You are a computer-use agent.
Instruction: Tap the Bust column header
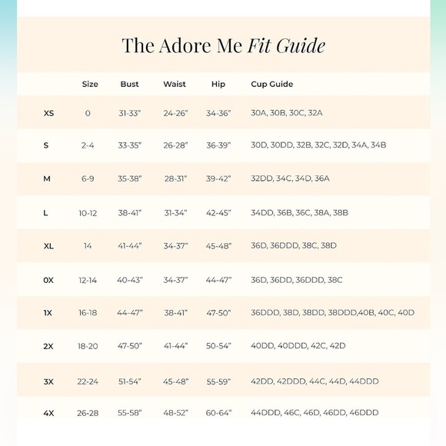[x=130, y=84]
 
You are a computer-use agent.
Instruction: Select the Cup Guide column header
[x=271, y=84]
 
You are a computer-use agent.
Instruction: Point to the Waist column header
[x=175, y=84]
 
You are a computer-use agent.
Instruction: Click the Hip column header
[x=218, y=84]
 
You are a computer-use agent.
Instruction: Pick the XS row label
[x=48, y=113]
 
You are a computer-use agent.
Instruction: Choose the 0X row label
[x=48, y=280]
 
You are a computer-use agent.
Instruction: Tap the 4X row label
[x=48, y=413]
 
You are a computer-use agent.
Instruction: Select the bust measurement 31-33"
[x=130, y=113]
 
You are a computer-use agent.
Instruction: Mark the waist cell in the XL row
[x=175, y=245]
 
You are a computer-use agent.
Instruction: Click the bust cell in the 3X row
[x=130, y=381]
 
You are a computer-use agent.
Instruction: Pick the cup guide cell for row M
[x=290, y=178]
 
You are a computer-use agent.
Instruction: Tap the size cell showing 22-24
[x=88, y=381]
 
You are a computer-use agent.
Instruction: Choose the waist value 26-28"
[x=175, y=145]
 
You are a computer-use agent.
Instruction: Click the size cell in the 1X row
[x=88, y=312]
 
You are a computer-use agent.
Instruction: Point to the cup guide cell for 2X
[x=298, y=346]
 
